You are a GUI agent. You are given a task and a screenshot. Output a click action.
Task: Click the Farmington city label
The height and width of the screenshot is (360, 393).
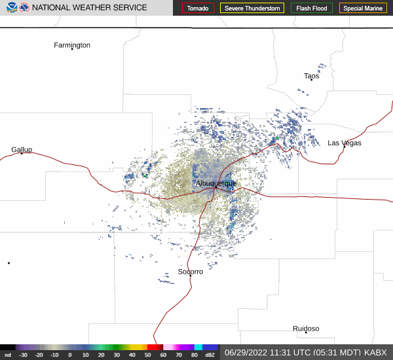pyautogui.click(x=72, y=45)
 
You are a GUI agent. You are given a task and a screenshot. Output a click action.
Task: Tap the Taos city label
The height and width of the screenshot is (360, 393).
pyautogui.click(x=312, y=76)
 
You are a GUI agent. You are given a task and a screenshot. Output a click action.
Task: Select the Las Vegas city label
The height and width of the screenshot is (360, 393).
pyautogui.click(x=345, y=143)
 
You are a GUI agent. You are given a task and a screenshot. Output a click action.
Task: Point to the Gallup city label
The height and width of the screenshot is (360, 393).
pyautogui.click(x=22, y=149)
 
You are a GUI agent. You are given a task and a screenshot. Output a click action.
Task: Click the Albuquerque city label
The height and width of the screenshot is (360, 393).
pyautogui.click(x=215, y=184)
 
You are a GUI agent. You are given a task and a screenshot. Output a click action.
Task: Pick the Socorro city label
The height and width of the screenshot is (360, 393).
pyautogui.click(x=191, y=271)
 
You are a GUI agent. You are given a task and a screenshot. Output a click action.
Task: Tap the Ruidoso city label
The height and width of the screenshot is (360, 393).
pyautogui.click(x=306, y=329)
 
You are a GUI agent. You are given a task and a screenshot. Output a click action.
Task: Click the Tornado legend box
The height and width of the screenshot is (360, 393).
pyautogui.click(x=198, y=9)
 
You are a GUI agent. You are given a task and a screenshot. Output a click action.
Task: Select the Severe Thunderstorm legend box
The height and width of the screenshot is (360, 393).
pyautogui.click(x=252, y=9)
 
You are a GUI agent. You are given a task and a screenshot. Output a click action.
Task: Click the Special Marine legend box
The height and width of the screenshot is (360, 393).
pyautogui.click(x=363, y=9)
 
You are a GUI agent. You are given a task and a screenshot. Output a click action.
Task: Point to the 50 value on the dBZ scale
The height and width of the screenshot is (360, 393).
pyautogui.click(x=148, y=355)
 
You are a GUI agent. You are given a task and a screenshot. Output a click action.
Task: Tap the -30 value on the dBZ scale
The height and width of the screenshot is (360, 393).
pyautogui.click(x=24, y=355)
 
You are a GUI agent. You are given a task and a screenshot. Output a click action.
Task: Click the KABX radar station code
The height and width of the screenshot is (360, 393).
pyautogui.click(x=375, y=352)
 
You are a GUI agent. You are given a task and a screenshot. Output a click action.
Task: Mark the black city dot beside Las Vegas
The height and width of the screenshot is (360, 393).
pyautogui.click(x=344, y=147)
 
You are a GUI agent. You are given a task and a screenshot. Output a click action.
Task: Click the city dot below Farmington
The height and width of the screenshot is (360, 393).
pyautogui.click(x=72, y=49)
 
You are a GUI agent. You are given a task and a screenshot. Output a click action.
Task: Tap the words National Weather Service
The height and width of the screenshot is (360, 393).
pyautogui.click(x=90, y=8)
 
